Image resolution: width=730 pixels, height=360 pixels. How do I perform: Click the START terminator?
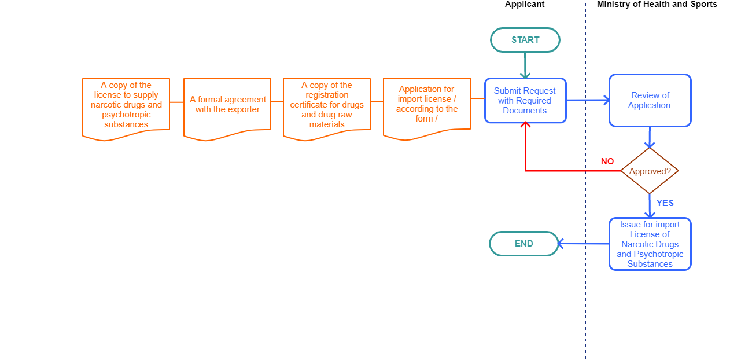(x=525, y=40)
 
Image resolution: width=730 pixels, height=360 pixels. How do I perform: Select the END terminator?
(x=524, y=244)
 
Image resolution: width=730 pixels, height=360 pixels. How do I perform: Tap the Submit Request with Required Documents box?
(x=525, y=101)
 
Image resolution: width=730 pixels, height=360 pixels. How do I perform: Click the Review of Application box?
(x=650, y=100)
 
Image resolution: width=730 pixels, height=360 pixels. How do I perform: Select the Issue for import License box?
(x=650, y=244)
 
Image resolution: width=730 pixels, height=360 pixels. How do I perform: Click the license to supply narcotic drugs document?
(x=126, y=105)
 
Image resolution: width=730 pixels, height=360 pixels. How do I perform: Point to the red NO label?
(x=607, y=161)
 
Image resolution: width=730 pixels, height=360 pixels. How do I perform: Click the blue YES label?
(x=665, y=203)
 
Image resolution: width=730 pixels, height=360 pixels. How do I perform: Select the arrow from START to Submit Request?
(x=525, y=65)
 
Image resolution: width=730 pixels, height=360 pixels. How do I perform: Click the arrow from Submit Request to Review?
(x=588, y=100)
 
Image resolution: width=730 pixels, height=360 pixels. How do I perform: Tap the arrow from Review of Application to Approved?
(x=650, y=137)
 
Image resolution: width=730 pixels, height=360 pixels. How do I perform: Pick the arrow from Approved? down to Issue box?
(x=650, y=206)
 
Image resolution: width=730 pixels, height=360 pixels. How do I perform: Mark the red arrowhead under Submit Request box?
(x=525, y=126)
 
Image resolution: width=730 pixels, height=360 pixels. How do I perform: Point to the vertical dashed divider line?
(x=585, y=301)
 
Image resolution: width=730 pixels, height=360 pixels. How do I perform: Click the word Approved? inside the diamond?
(x=650, y=172)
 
